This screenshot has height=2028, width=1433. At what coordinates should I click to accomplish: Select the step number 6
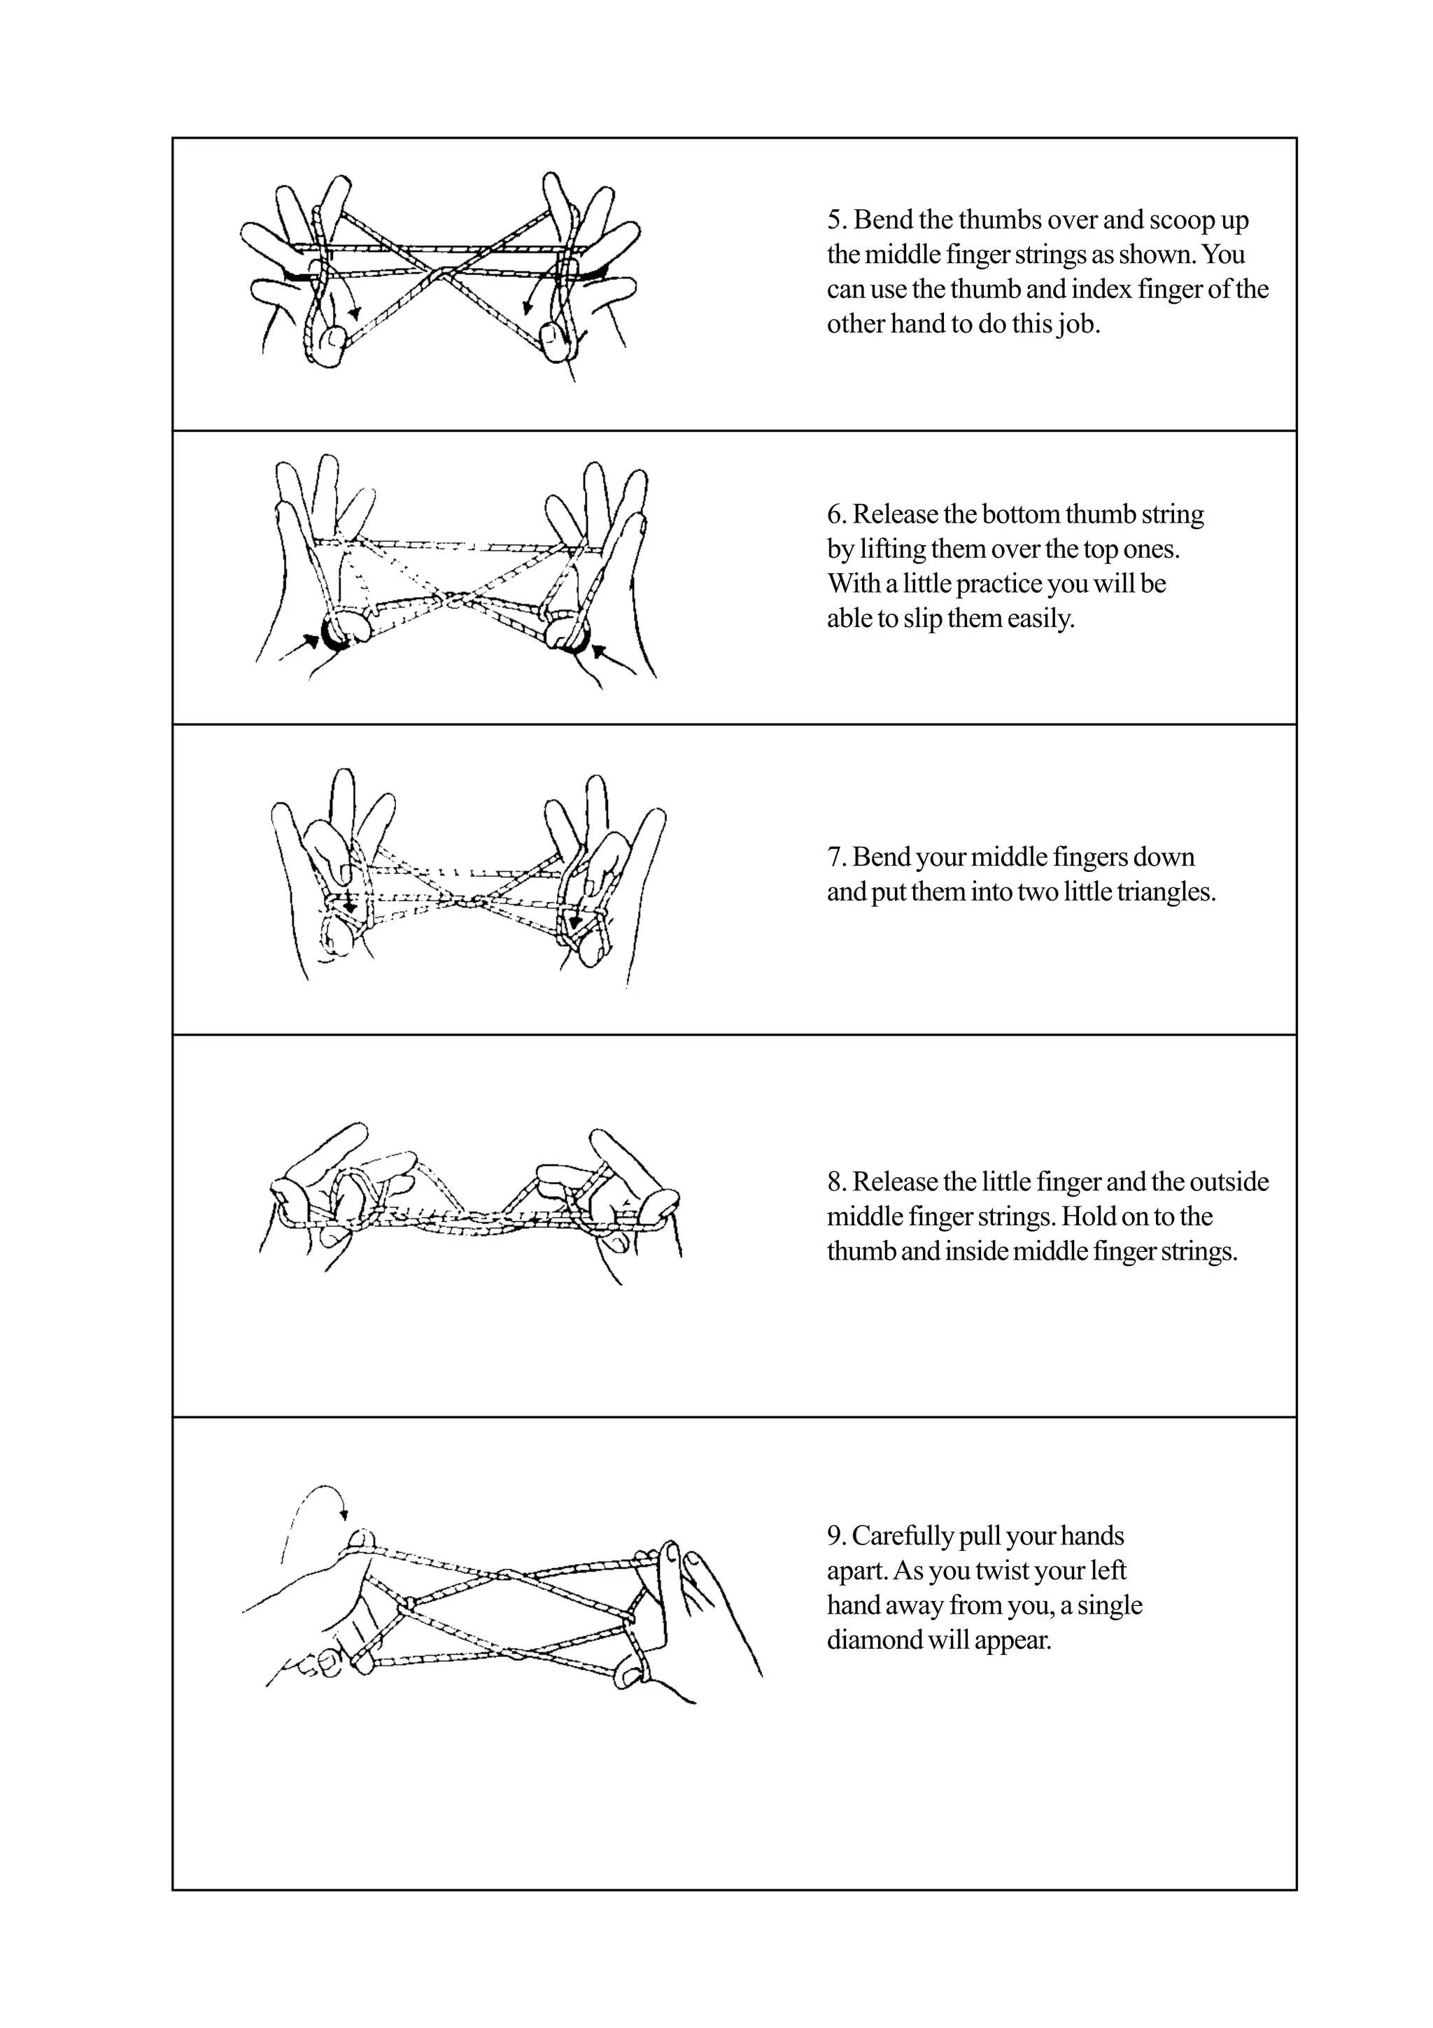coord(833,514)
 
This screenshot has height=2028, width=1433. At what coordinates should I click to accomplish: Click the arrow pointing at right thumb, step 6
coord(600,653)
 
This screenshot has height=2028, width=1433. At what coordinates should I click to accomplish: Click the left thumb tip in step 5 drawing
coord(334,340)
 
